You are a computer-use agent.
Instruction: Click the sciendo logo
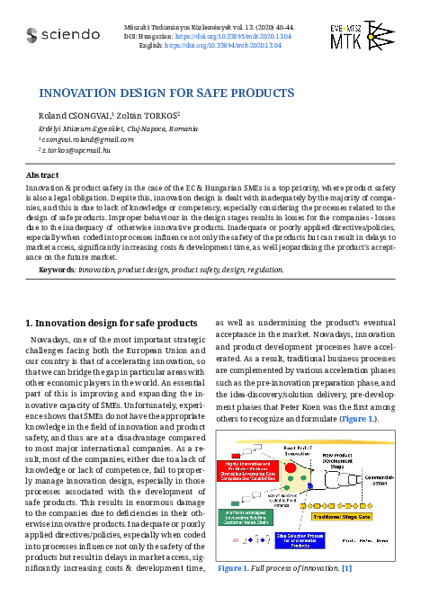63,35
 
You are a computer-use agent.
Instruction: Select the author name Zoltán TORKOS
148,116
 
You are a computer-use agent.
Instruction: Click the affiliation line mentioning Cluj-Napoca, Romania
112,129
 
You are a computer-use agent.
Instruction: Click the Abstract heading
43,175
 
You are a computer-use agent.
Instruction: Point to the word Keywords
58,269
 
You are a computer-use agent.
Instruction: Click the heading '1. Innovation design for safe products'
110,323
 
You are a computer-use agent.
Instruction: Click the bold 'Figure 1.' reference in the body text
353,419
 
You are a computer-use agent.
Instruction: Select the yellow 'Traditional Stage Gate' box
344,516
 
